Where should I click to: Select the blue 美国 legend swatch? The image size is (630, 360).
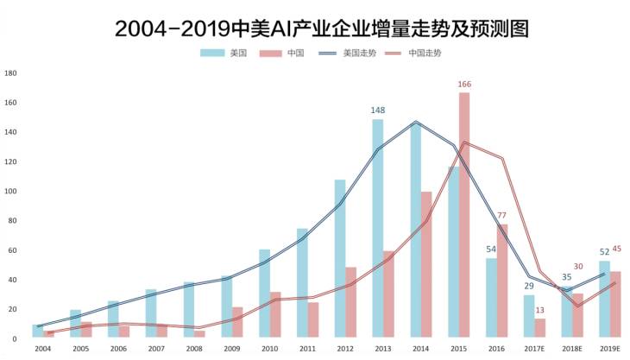point(212,53)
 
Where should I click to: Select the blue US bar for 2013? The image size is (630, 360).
point(378,228)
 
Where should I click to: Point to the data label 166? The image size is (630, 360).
point(464,84)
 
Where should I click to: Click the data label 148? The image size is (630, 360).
point(378,111)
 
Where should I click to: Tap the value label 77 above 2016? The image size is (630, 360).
point(501,215)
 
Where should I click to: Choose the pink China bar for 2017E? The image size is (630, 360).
point(539,327)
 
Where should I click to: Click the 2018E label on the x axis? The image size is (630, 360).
point(572,348)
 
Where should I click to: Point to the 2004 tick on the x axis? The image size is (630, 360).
point(42,348)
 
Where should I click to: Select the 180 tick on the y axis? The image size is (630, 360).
point(11,73)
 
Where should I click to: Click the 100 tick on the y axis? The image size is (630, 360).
point(11,192)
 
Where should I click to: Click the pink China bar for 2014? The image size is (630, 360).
point(426,263)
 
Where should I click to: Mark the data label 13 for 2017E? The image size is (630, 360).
point(539,310)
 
